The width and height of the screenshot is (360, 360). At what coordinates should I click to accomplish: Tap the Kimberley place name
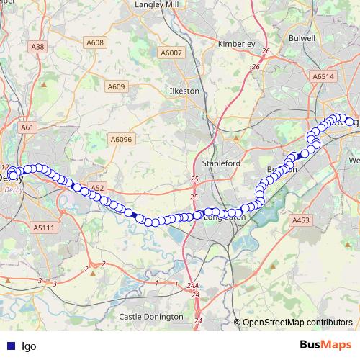(x=236, y=43)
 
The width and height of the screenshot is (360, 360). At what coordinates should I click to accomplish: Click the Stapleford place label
(x=221, y=163)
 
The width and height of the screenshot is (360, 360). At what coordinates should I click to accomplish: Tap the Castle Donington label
(x=151, y=316)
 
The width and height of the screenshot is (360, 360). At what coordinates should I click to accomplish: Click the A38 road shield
(x=38, y=47)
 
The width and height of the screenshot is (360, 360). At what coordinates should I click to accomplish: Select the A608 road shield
(x=96, y=42)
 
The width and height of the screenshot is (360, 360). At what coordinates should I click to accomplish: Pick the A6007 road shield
(x=172, y=53)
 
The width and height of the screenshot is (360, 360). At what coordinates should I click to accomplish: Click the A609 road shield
(x=116, y=87)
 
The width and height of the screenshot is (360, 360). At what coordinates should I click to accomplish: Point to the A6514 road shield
(x=324, y=76)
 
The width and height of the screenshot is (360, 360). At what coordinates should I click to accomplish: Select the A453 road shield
(x=300, y=220)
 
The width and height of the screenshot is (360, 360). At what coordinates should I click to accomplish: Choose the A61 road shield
(x=28, y=127)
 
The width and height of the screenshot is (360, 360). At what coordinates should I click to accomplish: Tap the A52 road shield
(x=98, y=188)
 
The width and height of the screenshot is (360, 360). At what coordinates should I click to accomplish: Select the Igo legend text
(x=29, y=346)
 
